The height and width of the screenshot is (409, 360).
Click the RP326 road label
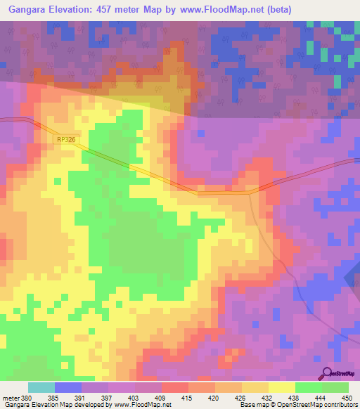tap(65, 140)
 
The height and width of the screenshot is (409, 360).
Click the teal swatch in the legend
tap(41, 387)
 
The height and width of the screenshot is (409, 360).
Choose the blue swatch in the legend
tap(68, 387)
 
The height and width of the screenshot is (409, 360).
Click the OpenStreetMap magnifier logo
tap(327, 375)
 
